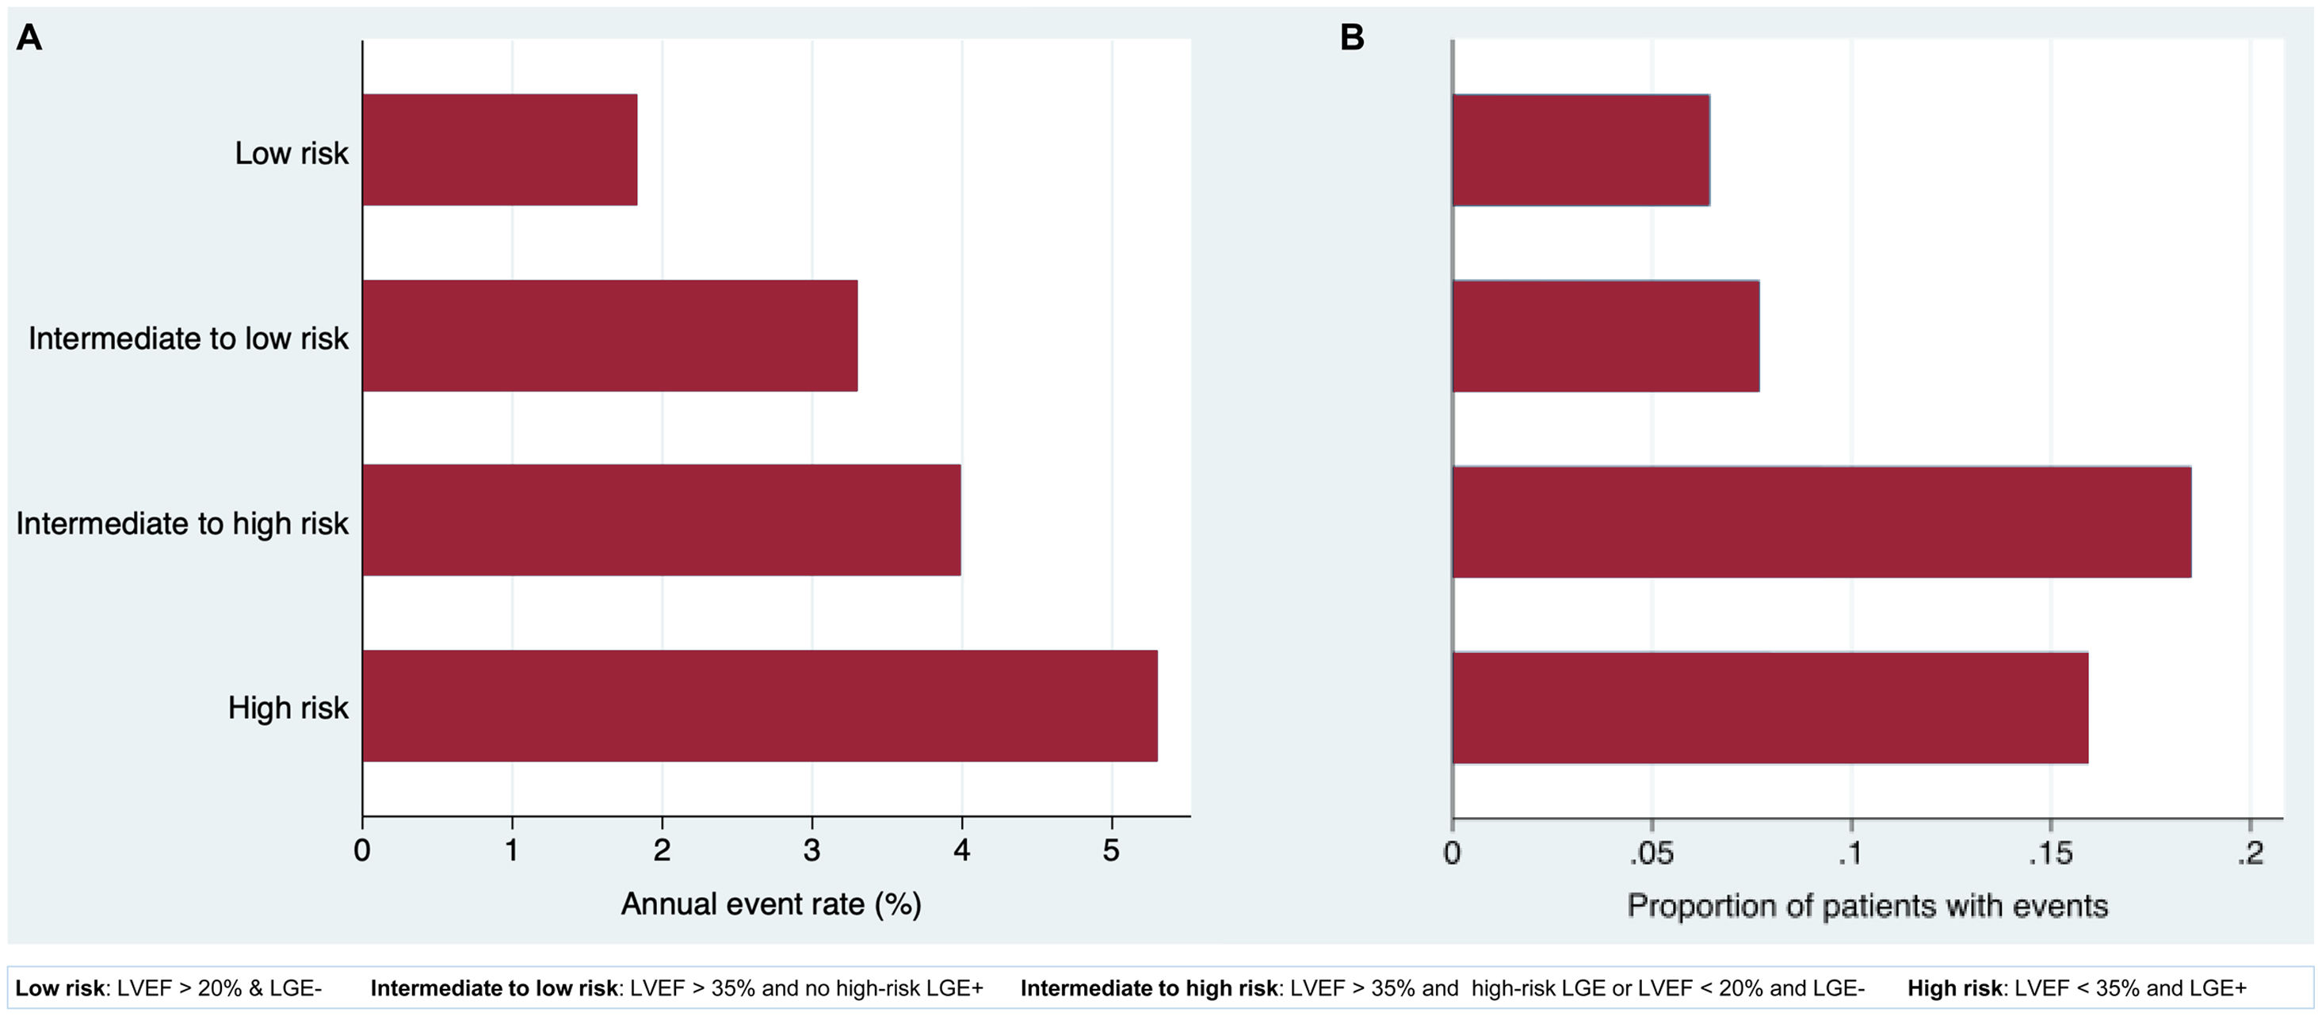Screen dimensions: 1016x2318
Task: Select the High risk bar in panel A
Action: [x=759, y=705]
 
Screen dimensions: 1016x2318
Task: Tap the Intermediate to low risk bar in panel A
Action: [x=609, y=336]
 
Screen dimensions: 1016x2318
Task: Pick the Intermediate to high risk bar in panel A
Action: [x=662, y=520]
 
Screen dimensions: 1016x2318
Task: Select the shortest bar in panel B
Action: [x=1580, y=151]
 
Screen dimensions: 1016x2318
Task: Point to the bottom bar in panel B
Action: [x=1769, y=709]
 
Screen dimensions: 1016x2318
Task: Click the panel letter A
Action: [x=29, y=38]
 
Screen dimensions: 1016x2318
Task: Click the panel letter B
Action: [x=1351, y=38]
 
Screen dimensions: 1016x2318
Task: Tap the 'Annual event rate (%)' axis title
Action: [x=771, y=903]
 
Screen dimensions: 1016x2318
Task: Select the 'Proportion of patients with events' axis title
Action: [x=1867, y=905]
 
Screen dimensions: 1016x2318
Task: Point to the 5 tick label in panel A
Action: [x=1111, y=850]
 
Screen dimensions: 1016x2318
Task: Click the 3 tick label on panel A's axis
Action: [x=811, y=850]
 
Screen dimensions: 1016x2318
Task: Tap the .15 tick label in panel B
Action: [x=2050, y=852]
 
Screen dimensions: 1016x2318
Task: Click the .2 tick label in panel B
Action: [x=2250, y=852]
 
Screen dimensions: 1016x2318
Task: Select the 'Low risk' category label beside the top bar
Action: [x=291, y=153]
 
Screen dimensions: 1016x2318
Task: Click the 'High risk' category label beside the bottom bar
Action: [x=287, y=708]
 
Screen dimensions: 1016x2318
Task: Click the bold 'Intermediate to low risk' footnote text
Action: [x=494, y=988]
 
